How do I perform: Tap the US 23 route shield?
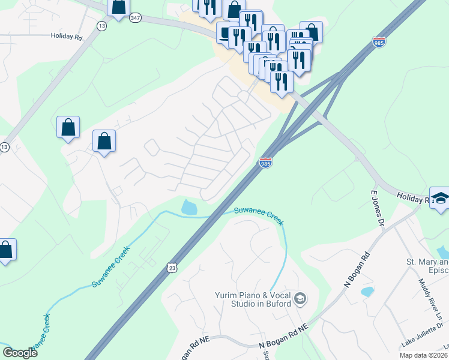(172, 268)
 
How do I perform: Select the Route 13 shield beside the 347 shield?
(102, 26)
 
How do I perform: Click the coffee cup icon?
(226, 32)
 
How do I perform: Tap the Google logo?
(20, 353)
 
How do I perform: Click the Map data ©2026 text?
(423, 355)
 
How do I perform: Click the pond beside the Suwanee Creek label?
(189, 208)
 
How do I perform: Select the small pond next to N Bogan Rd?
(366, 292)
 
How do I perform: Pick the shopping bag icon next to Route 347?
(118, 7)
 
